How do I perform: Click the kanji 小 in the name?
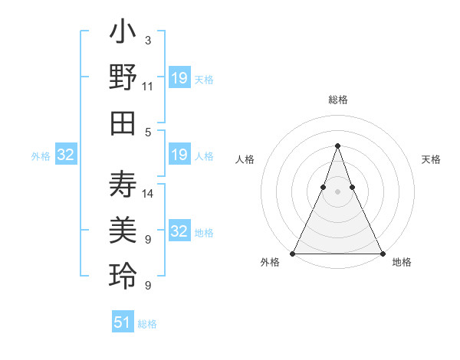(x=123, y=34)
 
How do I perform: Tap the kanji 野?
(x=123, y=79)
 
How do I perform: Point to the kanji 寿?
(x=123, y=185)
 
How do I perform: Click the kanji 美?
(x=123, y=231)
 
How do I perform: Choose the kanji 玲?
(x=123, y=276)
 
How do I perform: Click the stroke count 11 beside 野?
(x=148, y=87)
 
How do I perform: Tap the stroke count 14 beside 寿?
(x=148, y=193)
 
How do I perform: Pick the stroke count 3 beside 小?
(x=147, y=40)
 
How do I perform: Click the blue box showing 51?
(x=123, y=322)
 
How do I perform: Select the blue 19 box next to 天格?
(x=179, y=78)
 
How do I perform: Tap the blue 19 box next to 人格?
(x=179, y=155)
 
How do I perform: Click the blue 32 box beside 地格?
(x=179, y=231)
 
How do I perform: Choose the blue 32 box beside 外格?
(x=66, y=155)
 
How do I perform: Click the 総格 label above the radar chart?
(x=337, y=100)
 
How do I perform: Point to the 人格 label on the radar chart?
(x=245, y=160)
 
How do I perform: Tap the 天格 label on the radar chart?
(x=431, y=160)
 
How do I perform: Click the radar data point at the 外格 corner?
(x=293, y=254)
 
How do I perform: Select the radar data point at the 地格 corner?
(x=382, y=254)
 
